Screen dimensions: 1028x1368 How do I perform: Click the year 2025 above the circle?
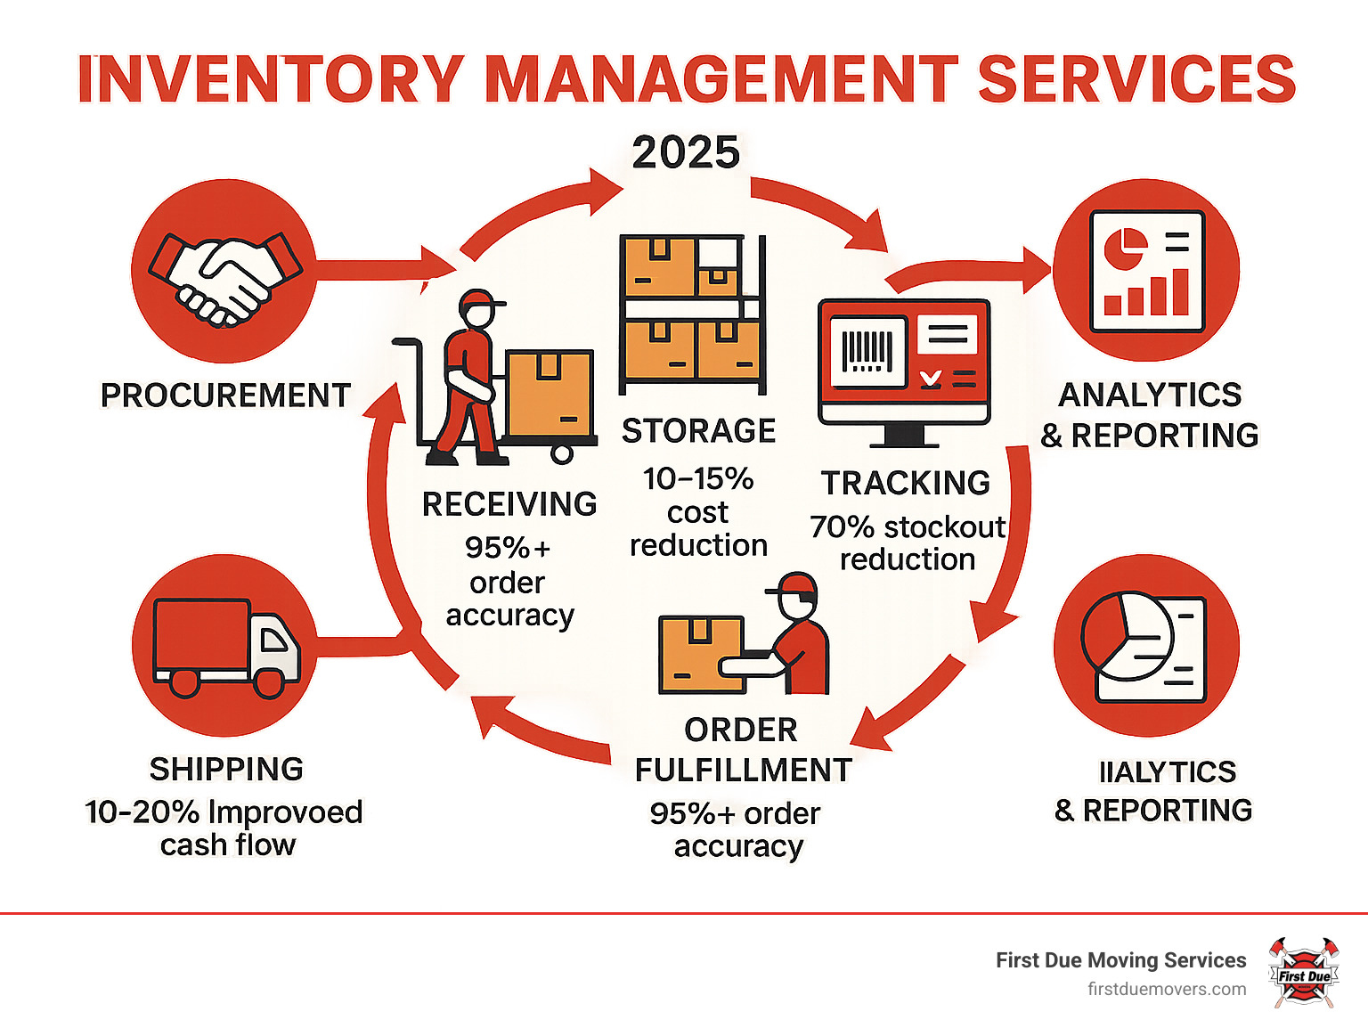coord(686,152)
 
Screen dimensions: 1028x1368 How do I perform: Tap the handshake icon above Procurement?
coord(224,275)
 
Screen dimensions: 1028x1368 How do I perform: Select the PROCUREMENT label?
coord(225,395)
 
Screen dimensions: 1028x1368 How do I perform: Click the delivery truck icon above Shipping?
coord(226,647)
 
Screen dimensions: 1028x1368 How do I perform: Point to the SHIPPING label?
coord(226,769)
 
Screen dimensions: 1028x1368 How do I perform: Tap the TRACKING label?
coord(905,483)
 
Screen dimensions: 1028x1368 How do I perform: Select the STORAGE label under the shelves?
coord(698,430)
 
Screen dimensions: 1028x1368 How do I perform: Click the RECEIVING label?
coord(509,504)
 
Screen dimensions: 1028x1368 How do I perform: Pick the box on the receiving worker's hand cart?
coord(549,393)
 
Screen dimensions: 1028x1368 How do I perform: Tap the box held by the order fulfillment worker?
coord(701,654)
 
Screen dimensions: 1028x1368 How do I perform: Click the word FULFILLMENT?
coord(743,770)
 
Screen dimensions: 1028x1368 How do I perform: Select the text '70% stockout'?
coord(907,526)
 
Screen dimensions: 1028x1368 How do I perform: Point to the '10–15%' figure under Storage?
coord(698,478)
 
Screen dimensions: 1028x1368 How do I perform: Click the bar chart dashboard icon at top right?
coord(1146,272)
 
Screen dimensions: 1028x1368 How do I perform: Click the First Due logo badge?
coord(1303,973)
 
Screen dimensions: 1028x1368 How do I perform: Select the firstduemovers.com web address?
coord(1166,989)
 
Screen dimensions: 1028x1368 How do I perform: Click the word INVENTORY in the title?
coord(271,79)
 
